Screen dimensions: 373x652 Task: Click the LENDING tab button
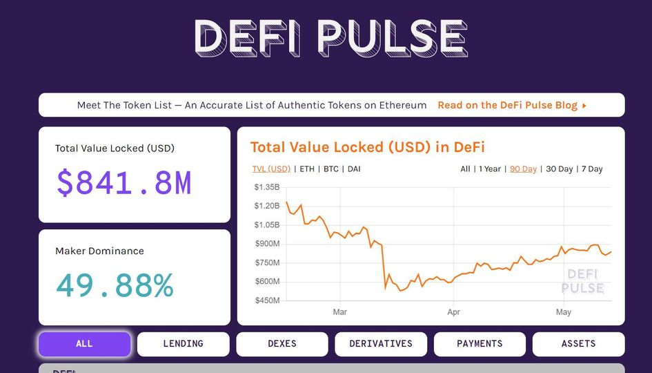(x=183, y=344)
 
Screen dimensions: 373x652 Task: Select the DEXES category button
(x=282, y=344)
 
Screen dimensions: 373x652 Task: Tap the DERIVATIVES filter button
(x=381, y=344)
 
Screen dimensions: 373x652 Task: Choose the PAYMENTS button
(x=480, y=344)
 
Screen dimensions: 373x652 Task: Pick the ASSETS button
(x=578, y=344)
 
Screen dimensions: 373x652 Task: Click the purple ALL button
(x=84, y=344)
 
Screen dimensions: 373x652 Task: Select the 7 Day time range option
(x=592, y=169)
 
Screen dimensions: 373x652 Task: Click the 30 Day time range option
(x=560, y=169)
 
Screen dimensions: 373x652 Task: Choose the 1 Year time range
(x=490, y=169)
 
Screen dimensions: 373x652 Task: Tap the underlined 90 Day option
(x=523, y=169)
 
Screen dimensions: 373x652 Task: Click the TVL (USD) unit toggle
(x=271, y=169)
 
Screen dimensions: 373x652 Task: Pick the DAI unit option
(x=354, y=169)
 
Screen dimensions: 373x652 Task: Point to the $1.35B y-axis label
(x=267, y=187)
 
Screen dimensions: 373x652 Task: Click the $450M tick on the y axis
(x=267, y=300)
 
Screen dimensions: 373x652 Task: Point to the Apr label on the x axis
(x=453, y=312)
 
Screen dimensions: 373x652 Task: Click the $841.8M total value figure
(x=124, y=183)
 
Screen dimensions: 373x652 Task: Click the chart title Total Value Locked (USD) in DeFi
(x=367, y=147)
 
